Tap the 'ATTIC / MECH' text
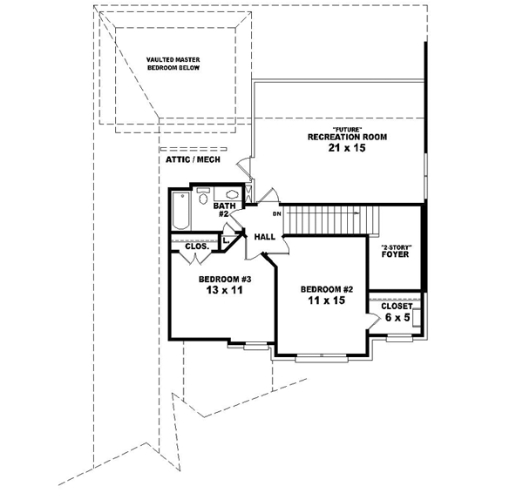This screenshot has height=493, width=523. pos(191,160)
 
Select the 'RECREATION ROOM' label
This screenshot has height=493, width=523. pos(347,138)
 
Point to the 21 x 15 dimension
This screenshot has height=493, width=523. pos(347,150)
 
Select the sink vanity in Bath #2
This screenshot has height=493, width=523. pos(232,195)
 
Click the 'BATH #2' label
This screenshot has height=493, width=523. pos(225,210)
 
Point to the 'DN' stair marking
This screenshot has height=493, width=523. pos(276,213)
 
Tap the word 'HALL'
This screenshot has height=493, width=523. pos(265,236)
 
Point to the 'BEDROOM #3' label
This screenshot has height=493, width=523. pos(225,279)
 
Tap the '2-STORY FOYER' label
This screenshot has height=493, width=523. pos(397,253)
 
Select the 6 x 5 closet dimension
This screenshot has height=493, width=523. pos(397,319)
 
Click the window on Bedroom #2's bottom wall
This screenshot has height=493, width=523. pos(320,356)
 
